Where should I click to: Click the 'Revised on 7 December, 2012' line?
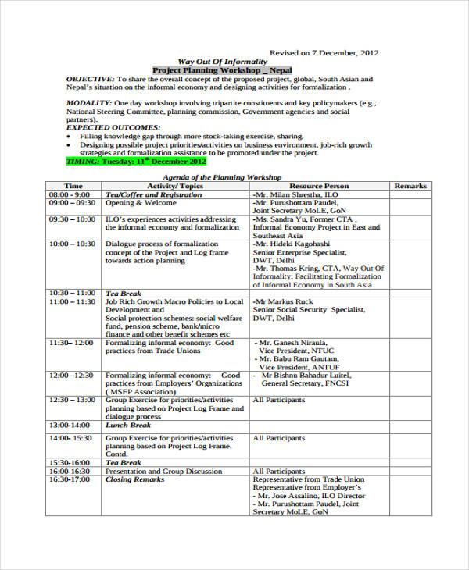click(x=324, y=53)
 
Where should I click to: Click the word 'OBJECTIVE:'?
click(x=90, y=80)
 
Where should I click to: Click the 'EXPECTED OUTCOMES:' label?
click(x=113, y=126)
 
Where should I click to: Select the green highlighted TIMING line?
click(x=137, y=162)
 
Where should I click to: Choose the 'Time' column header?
click(x=73, y=186)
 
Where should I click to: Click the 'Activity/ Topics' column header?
click(x=175, y=186)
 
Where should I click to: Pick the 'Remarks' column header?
click(x=410, y=186)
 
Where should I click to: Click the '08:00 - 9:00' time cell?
click(x=70, y=194)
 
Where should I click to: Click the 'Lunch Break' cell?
click(x=128, y=426)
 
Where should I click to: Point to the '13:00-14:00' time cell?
click(x=70, y=426)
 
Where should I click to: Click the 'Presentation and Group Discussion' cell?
click(x=163, y=472)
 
